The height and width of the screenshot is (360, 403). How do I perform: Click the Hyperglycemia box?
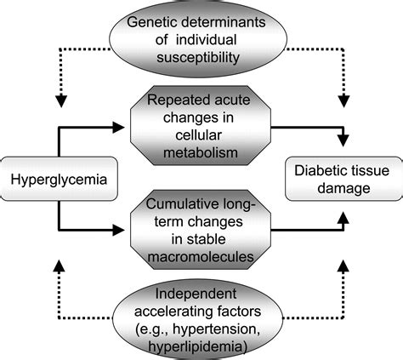tap(59, 179)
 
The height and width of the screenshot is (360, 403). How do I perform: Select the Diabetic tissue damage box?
tap(344, 179)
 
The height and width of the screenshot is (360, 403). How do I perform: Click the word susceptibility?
tap(198, 58)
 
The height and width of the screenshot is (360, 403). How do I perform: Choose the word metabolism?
tap(201, 152)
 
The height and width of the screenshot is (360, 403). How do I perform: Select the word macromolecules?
tap(201, 257)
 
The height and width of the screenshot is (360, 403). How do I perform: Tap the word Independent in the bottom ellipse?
tap(196, 294)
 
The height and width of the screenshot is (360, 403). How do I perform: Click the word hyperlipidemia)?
tap(197, 347)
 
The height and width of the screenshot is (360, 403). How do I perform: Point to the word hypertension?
tap(215, 329)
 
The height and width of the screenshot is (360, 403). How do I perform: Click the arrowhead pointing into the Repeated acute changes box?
tap(118, 128)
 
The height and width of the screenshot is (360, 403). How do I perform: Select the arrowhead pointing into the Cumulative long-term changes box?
tap(118, 230)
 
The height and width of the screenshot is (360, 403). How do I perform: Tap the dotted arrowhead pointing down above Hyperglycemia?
tap(61, 101)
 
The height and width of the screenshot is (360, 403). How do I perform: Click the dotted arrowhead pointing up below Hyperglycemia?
tap(59, 266)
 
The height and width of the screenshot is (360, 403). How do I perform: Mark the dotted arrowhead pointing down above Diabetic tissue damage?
tap(343, 101)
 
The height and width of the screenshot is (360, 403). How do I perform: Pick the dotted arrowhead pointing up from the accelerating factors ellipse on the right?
tap(343, 266)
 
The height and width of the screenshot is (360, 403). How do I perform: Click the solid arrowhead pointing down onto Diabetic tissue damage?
tap(343, 140)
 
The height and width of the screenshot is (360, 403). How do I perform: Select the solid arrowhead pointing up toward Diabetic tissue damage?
tap(343, 218)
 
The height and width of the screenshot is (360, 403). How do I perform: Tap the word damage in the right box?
tap(343, 188)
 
